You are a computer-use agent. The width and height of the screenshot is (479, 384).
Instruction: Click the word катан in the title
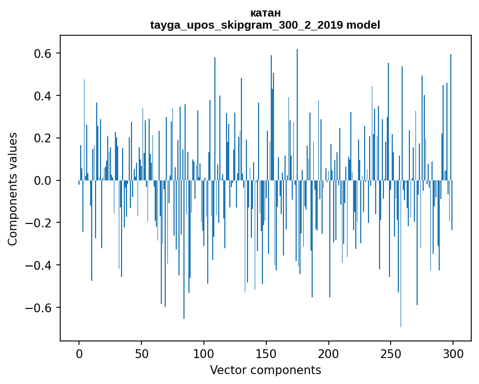coord(265,13)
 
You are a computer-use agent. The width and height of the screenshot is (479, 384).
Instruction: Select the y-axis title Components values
coord(13,189)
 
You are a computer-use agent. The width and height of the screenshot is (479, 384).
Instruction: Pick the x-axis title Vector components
coord(265,370)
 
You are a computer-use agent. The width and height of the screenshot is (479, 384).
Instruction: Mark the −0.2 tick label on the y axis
coord(40,223)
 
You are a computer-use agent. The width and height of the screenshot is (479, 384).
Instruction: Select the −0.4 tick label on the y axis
coord(40,265)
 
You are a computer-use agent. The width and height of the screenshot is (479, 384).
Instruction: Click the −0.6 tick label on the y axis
coord(40,307)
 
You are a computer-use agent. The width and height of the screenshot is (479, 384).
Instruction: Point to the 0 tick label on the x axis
coord(79,354)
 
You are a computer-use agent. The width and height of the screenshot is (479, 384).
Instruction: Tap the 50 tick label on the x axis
coord(141,354)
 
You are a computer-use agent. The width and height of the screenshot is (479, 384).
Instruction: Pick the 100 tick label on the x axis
coord(204,354)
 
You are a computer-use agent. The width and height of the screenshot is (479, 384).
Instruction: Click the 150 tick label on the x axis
coord(266,354)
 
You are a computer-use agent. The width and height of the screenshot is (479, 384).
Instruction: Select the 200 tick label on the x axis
coord(328,354)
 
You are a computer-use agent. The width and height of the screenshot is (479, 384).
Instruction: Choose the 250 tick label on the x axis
coord(391,354)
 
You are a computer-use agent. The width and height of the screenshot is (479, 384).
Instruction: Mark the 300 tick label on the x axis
coord(453,354)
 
